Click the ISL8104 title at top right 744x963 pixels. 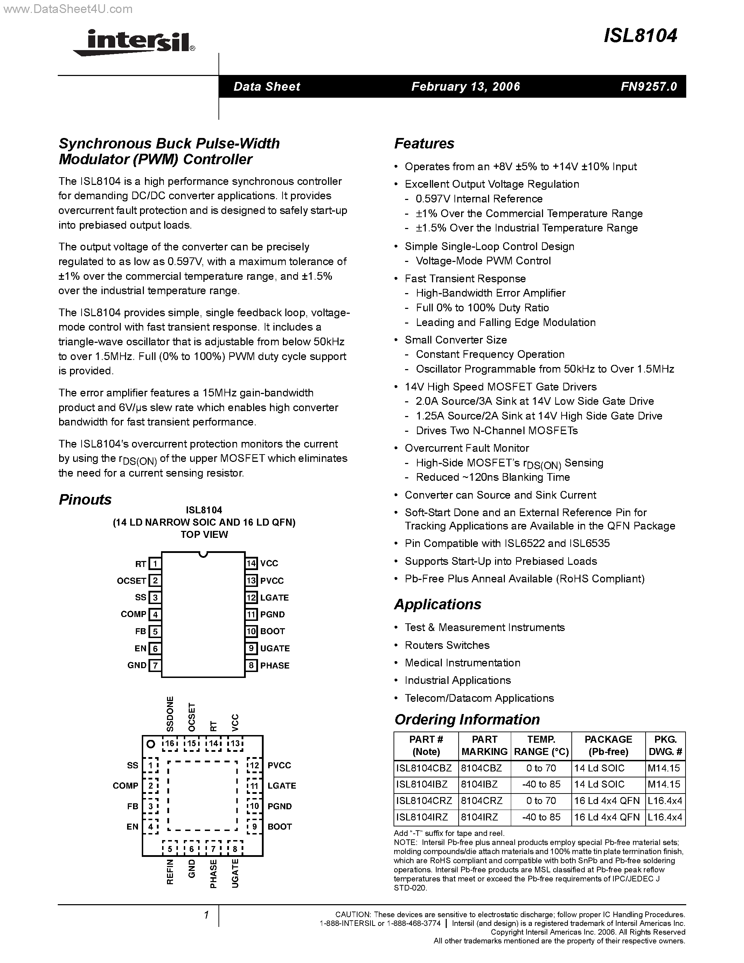(640, 36)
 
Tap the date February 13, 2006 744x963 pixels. (465, 86)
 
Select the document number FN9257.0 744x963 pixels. (648, 86)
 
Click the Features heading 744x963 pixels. (424, 144)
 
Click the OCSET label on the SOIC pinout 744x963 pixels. (131, 581)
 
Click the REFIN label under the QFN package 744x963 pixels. (170, 872)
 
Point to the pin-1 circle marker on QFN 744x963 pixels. (151, 744)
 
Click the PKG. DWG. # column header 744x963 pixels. (665, 745)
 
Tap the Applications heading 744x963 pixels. (437, 604)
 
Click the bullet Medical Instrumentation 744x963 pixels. (463, 663)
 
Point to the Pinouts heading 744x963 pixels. (85, 500)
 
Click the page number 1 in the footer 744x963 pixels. (206, 915)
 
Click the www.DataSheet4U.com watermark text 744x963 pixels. (67, 9)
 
